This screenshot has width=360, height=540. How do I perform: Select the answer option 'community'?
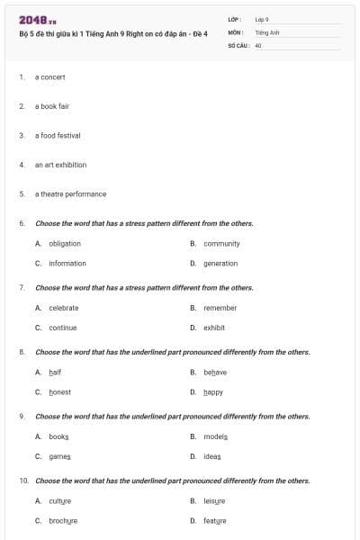(x=221, y=244)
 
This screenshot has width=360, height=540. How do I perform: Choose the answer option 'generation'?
(x=220, y=264)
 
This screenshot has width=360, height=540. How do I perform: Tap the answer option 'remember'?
(x=220, y=308)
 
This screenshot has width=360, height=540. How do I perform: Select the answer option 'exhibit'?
(x=214, y=328)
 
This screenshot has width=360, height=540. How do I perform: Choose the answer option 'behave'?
(x=215, y=373)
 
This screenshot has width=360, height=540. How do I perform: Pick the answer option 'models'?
(x=216, y=436)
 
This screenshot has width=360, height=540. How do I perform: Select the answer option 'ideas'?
(x=212, y=456)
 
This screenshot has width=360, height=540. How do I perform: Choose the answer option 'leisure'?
(x=214, y=501)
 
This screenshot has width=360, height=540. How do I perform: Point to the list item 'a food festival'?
(x=58, y=136)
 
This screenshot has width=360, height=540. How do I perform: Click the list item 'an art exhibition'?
(x=60, y=165)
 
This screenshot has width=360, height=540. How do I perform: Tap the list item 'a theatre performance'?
(x=70, y=194)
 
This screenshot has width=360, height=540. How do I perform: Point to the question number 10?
(x=22, y=481)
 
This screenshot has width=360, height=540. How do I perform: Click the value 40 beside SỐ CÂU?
(x=258, y=44)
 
